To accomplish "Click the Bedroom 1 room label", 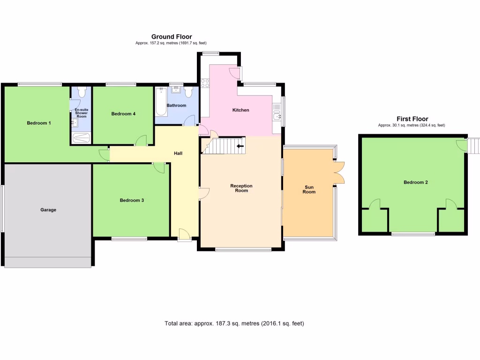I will pyautogui.click(x=38, y=123).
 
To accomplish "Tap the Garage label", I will pyautogui.click(x=48, y=210).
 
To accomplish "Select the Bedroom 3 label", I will pyautogui.click(x=132, y=200).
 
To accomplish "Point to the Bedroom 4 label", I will pyautogui.click(x=123, y=113).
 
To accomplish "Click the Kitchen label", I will pyautogui.click(x=241, y=110).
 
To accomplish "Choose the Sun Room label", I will pyautogui.click(x=309, y=189).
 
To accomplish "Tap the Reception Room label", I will pyautogui.click(x=241, y=188).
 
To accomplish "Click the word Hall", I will pyautogui.click(x=178, y=153).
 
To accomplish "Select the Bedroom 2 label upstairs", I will pyautogui.click(x=416, y=182).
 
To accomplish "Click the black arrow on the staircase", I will pyautogui.click(x=240, y=146).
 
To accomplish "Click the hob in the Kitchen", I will pyautogui.click(x=205, y=83).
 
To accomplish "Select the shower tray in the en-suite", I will pyautogui.click(x=81, y=138).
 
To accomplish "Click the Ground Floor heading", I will pyautogui.click(x=171, y=37).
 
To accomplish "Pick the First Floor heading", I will pyautogui.click(x=412, y=119).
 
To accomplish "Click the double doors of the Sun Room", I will pyautogui.click(x=340, y=172).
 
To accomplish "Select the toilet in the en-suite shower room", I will pyautogui.click(x=81, y=91).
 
